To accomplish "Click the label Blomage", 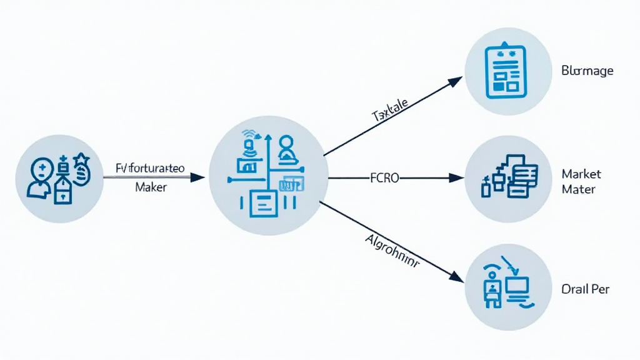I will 587,71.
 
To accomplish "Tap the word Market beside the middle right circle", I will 581,173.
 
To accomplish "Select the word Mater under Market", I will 578,189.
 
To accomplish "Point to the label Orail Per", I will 585,289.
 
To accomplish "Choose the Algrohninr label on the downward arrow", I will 391,251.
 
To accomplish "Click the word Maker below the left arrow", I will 151,187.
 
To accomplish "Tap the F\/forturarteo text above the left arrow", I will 149,167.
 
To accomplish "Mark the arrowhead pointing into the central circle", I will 197,177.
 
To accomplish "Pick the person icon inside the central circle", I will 287,147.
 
